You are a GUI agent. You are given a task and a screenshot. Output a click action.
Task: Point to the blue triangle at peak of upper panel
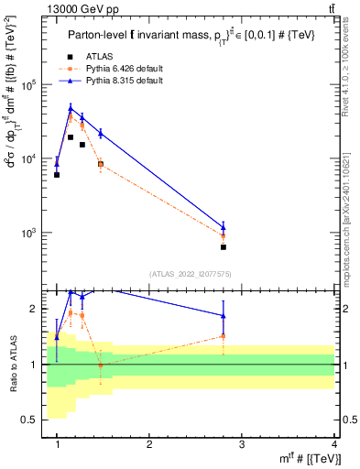[71, 108]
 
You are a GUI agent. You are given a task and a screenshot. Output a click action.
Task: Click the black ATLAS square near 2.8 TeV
[224, 247]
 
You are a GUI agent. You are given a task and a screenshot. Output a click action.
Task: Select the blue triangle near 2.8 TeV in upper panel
[224, 226]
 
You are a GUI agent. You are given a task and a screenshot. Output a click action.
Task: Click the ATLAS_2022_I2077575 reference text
[190, 273]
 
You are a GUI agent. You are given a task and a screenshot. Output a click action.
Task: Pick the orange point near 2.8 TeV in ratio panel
[224, 336]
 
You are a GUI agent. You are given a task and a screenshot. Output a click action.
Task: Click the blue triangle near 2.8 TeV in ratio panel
[224, 316]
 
